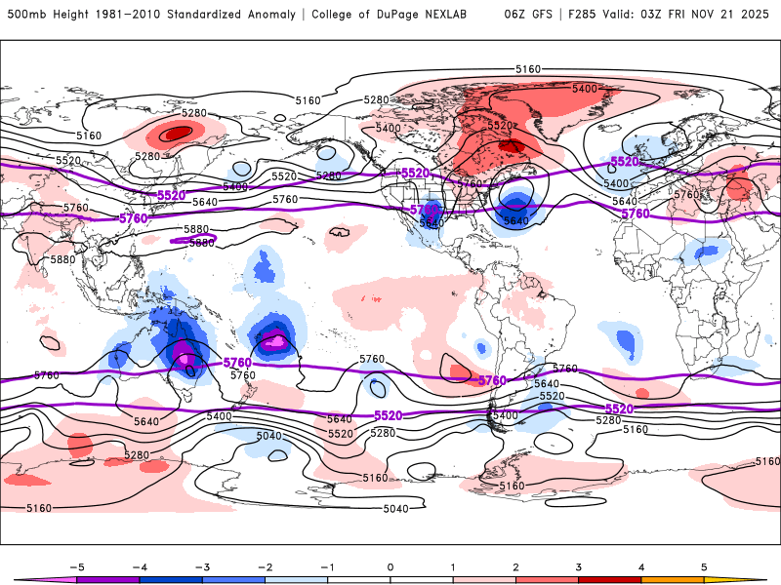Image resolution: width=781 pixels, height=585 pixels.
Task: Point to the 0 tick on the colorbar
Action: tap(390, 565)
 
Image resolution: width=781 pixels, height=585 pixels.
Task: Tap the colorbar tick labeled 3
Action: tap(578, 565)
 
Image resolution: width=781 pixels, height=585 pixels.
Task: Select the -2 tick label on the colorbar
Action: tap(265, 565)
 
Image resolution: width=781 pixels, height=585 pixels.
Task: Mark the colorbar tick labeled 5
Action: tap(703, 565)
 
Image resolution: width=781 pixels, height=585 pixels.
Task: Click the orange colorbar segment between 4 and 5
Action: tap(672, 580)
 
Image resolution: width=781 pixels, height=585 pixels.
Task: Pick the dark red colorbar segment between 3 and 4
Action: tap(609, 580)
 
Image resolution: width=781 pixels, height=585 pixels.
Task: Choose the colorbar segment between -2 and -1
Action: tap(296, 580)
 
